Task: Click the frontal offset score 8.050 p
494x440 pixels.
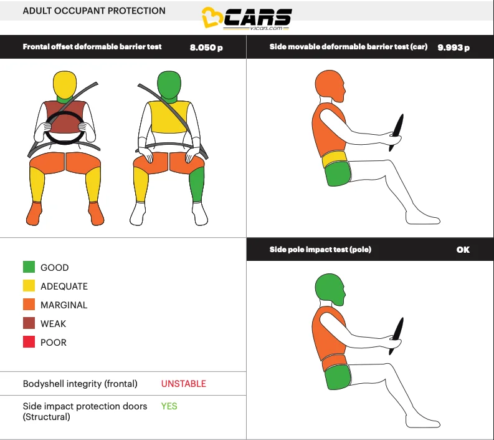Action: click(206, 47)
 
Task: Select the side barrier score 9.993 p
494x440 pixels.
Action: click(454, 47)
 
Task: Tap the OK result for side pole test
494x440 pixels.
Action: click(463, 250)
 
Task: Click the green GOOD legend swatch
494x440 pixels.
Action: click(29, 267)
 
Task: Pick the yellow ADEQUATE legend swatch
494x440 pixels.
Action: click(29, 286)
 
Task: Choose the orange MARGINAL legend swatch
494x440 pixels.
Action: click(29, 305)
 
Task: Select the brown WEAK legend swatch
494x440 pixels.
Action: click(29, 323)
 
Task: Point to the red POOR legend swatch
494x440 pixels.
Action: click(29, 342)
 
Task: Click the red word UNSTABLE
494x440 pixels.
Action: click(183, 384)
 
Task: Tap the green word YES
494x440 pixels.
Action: click(169, 406)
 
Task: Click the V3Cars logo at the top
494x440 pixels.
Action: click(247, 19)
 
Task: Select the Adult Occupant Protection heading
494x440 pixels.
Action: click(94, 11)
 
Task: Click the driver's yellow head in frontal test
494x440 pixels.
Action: click(64, 82)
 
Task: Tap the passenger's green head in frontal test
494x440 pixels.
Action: click(168, 82)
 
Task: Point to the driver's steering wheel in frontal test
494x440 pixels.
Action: click(64, 127)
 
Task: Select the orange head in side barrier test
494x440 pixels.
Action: click(328, 87)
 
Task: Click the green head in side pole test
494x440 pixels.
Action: click(328, 288)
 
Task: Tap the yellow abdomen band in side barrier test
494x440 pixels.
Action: click(335, 159)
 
